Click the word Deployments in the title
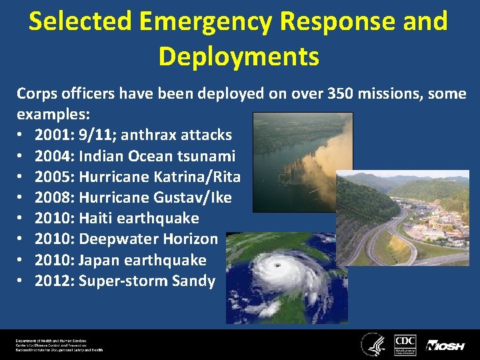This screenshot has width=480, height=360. (x=239, y=57)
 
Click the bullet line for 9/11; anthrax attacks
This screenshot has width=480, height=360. (x=133, y=135)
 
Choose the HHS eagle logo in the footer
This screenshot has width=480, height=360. (x=373, y=344)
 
